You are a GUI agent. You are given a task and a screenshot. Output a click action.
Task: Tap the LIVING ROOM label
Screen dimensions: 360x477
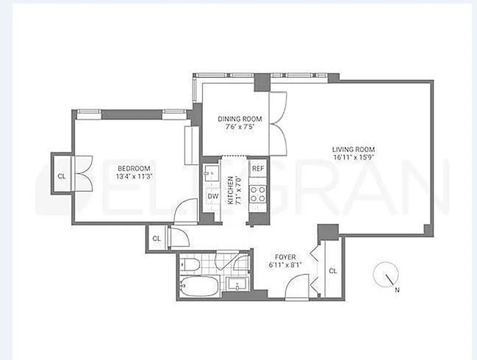(x=353, y=149)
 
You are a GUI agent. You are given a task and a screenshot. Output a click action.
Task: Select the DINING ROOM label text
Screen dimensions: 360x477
(x=240, y=119)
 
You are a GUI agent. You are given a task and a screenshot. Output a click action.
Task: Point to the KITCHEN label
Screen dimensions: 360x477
(x=230, y=191)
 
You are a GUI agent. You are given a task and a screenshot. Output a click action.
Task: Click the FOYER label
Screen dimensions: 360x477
(x=285, y=257)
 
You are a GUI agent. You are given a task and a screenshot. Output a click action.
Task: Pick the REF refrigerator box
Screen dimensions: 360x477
(x=258, y=168)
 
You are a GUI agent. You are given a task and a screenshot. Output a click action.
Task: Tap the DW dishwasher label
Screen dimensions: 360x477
(x=212, y=196)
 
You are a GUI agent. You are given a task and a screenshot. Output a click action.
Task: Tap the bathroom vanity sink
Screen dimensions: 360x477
(x=237, y=285)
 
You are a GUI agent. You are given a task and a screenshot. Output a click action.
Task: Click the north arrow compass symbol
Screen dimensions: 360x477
(x=386, y=274)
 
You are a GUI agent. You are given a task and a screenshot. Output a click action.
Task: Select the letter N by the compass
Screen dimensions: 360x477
(x=397, y=290)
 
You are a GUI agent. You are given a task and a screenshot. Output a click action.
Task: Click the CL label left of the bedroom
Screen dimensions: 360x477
(x=61, y=176)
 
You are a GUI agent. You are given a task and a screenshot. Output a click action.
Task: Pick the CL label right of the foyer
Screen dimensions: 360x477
(x=333, y=271)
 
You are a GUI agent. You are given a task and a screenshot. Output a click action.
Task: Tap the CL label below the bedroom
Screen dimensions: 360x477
(x=156, y=238)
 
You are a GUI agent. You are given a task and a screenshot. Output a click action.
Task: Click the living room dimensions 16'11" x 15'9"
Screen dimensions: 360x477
(x=353, y=157)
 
